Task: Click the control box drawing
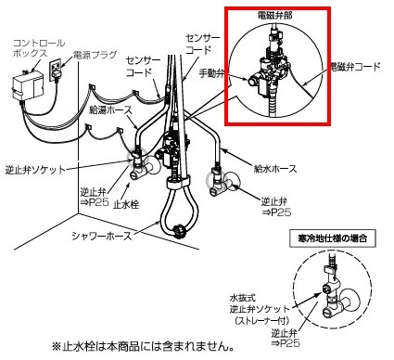(x=27, y=85)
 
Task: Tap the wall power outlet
(x=56, y=71)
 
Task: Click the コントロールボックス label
(x=39, y=47)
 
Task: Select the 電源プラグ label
(x=95, y=55)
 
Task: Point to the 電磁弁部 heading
(x=274, y=16)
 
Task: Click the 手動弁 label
(x=211, y=73)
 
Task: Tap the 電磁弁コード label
(x=355, y=67)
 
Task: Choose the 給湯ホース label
(x=110, y=109)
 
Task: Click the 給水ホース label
(x=275, y=169)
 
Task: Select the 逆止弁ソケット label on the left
(x=36, y=170)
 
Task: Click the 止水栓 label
(x=126, y=204)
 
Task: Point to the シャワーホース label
(x=102, y=236)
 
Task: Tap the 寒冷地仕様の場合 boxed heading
(x=333, y=238)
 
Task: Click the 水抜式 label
(x=242, y=298)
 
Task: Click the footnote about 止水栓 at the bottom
(x=143, y=346)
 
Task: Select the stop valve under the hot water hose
(x=142, y=166)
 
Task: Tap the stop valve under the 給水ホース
(x=222, y=184)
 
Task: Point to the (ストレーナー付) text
(x=262, y=320)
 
